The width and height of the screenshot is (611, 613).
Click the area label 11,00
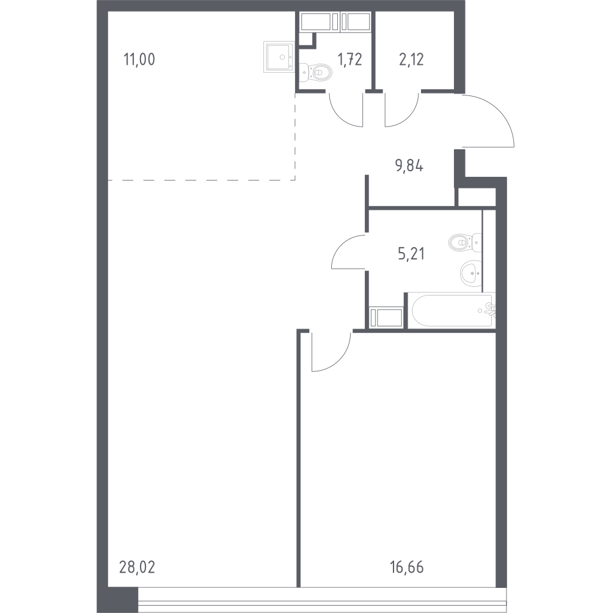pyautogui.click(x=139, y=59)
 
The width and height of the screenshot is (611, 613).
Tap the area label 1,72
pyautogui.click(x=350, y=59)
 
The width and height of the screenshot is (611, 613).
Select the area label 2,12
pyautogui.click(x=411, y=59)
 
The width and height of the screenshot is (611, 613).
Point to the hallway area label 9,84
pyautogui.click(x=409, y=166)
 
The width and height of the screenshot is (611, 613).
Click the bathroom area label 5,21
pyautogui.click(x=411, y=254)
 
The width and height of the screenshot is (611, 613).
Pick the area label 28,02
pyautogui.click(x=137, y=567)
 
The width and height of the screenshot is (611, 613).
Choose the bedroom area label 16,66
pyautogui.click(x=407, y=567)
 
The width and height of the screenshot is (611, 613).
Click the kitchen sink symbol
pyautogui.click(x=279, y=57)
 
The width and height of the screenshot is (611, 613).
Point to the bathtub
pyautogui.click(x=452, y=310)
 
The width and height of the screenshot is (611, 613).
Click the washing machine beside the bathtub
pyautogui.click(x=386, y=317)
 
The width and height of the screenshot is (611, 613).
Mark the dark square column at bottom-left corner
pyautogui.click(x=123, y=600)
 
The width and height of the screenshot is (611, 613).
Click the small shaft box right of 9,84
pyautogui.click(x=477, y=197)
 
